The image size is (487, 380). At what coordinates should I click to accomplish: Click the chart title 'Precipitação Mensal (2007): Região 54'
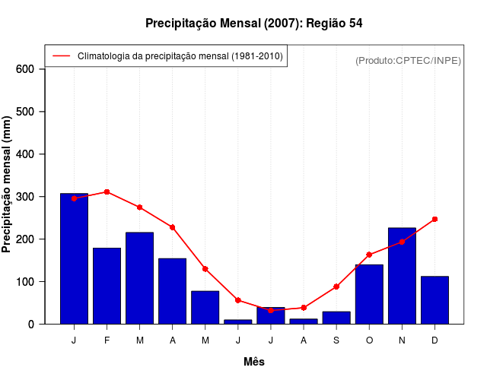(x=253, y=24)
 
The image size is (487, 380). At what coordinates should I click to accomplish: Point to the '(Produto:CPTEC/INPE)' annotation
(x=409, y=61)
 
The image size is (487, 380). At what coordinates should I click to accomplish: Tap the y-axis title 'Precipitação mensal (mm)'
(x=8, y=185)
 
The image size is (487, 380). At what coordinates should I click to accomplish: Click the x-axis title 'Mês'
(x=254, y=362)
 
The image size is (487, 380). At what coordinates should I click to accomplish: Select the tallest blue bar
(x=74, y=258)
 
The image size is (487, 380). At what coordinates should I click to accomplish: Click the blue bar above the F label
(x=107, y=286)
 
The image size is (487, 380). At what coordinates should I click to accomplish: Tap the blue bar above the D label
(x=434, y=299)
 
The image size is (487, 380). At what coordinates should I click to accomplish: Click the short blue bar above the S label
(x=336, y=318)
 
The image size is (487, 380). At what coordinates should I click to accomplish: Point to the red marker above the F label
(x=107, y=192)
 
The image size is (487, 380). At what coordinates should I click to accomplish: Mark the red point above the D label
(x=434, y=219)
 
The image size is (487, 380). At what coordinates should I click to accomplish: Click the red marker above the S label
(x=336, y=287)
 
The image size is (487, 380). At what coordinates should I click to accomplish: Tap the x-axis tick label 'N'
(x=402, y=340)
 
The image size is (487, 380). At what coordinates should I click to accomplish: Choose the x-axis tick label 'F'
(x=107, y=340)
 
